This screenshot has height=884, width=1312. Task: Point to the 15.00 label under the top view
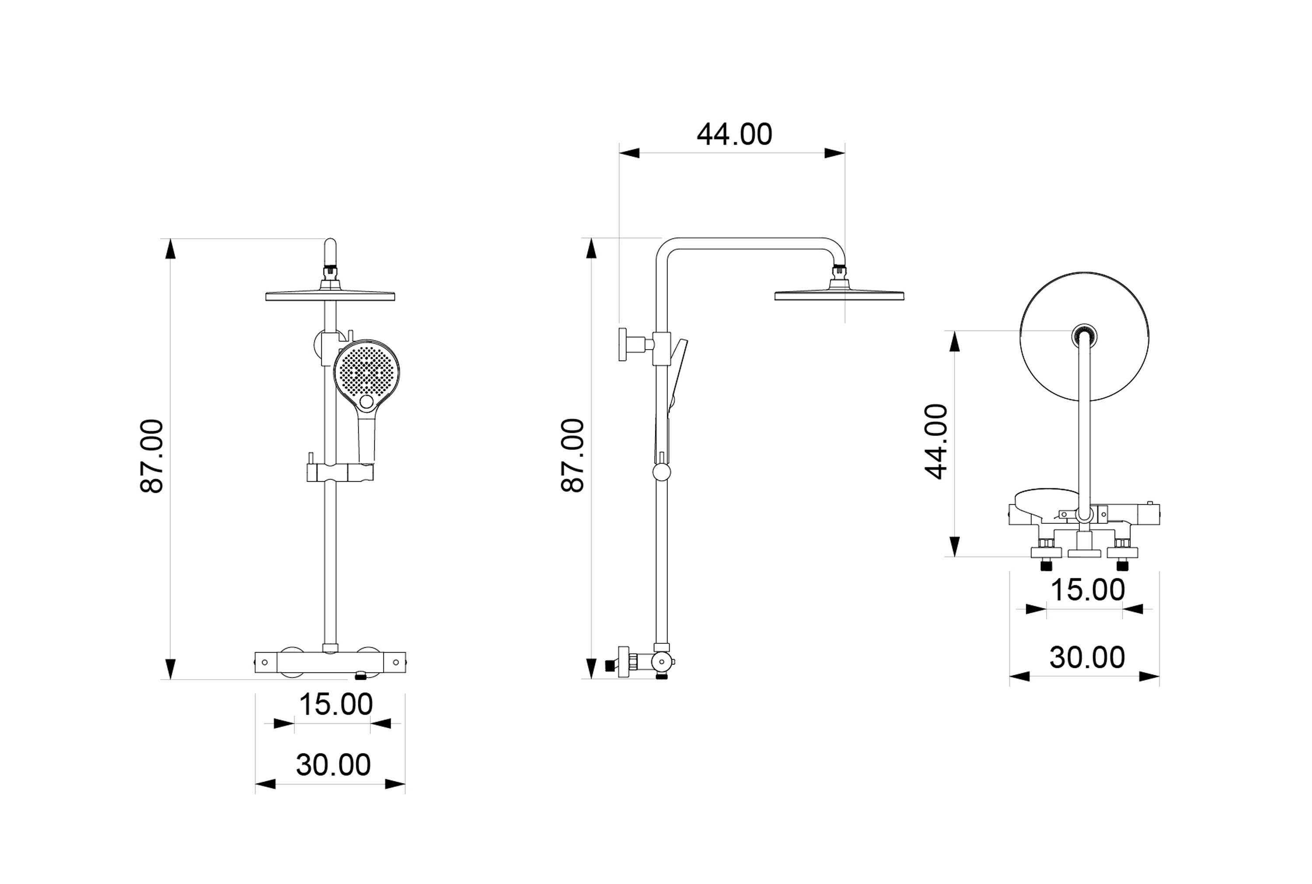click(1087, 590)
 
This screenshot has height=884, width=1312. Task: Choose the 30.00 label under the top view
click(1087, 658)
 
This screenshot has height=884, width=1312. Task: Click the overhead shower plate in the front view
click(330, 295)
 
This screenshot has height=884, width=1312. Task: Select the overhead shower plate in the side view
click(839, 295)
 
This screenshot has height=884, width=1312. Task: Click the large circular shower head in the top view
click(1054, 361)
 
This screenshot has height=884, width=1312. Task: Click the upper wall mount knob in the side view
click(623, 344)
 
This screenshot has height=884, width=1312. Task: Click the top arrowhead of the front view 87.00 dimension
click(170, 249)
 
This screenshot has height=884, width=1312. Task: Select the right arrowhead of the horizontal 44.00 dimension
click(834, 153)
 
